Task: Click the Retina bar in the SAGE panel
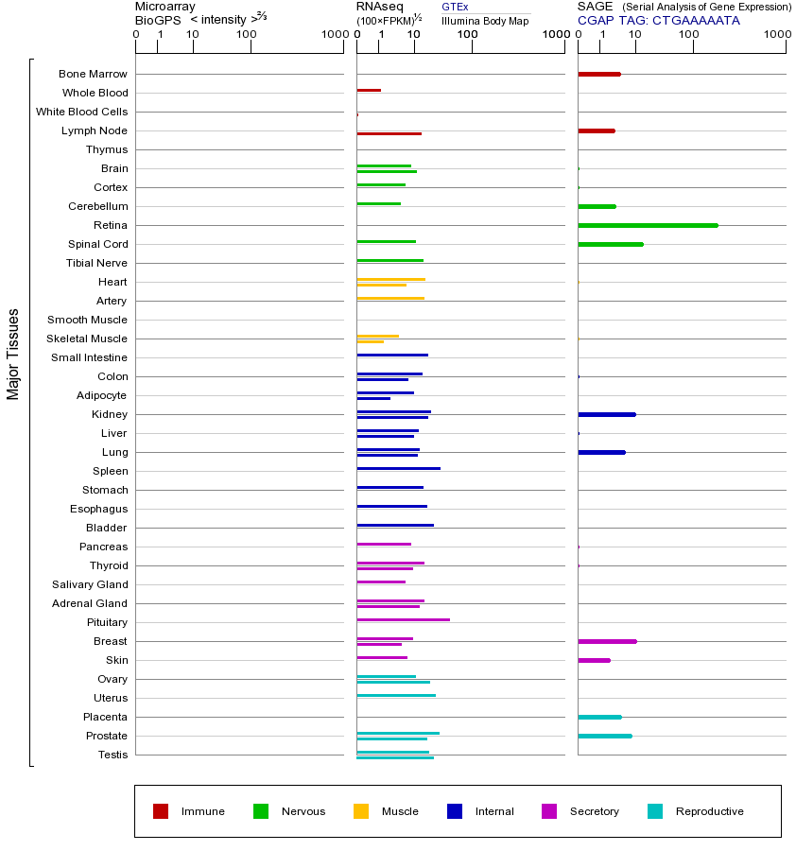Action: click(x=648, y=225)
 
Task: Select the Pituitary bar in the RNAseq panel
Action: click(x=403, y=619)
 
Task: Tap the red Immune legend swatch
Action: click(x=161, y=811)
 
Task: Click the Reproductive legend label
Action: click(x=709, y=811)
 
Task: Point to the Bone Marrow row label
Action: click(x=93, y=74)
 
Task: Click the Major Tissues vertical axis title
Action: click(x=13, y=354)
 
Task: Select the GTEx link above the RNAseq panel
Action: click(x=455, y=7)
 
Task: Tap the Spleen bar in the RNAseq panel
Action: click(x=398, y=468)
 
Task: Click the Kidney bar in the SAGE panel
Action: click(x=606, y=414)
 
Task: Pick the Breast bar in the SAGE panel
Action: click(x=607, y=641)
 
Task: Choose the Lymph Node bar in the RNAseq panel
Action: click(x=389, y=133)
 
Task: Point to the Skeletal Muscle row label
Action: click(x=87, y=339)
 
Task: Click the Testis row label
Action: click(x=112, y=755)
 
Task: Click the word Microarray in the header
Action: click(x=165, y=7)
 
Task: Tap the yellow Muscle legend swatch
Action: click(x=361, y=811)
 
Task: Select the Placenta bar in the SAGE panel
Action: click(x=599, y=717)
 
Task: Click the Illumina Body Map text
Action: click(x=485, y=21)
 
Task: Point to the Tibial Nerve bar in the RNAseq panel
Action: click(x=389, y=260)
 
